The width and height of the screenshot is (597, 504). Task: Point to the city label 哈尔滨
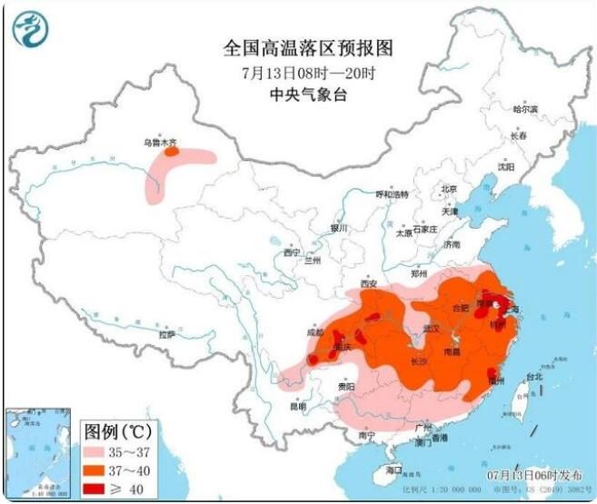[x=524, y=109]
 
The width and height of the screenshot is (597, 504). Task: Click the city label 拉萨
[x=165, y=334]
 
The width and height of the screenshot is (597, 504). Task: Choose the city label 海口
[x=393, y=469]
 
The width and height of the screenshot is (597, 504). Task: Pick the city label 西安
[x=368, y=283]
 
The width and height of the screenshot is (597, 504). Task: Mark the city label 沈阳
[x=505, y=167]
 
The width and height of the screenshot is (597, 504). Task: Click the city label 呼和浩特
[x=393, y=194]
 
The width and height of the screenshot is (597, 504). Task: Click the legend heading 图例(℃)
[x=119, y=430]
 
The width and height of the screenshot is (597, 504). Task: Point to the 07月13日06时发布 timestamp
[x=534, y=474]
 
